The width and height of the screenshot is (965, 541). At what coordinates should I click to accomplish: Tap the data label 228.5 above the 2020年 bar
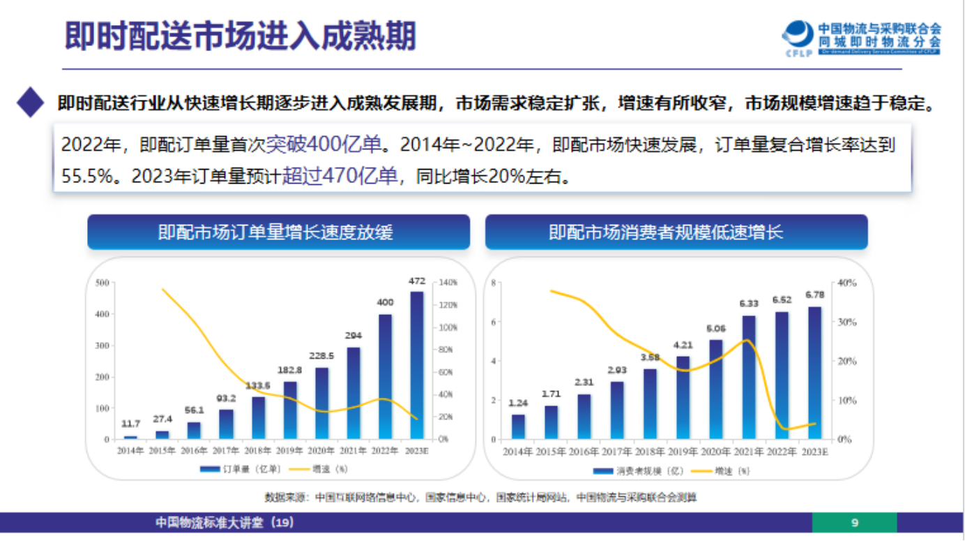click(x=321, y=355)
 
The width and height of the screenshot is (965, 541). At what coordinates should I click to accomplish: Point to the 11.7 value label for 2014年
click(x=130, y=424)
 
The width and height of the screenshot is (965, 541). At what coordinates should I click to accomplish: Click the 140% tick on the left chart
click(x=447, y=283)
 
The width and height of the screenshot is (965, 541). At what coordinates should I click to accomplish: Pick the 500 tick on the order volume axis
click(x=102, y=283)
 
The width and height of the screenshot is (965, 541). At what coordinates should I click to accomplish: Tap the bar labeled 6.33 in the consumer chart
click(x=750, y=377)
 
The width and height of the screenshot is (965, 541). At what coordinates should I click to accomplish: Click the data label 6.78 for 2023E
click(x=814, y=294)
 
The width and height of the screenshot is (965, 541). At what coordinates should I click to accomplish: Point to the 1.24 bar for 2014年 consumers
click(x=518, y=427)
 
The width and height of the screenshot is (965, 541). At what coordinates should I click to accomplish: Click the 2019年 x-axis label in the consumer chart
click(x=683, y=452)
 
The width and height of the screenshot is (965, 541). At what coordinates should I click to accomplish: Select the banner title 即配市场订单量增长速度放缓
click(x=278, y=232)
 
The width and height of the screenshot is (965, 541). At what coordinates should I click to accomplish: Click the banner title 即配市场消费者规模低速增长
click(x=676, y=232)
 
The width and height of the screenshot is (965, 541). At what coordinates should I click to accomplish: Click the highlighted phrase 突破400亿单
click(x=324, y=144)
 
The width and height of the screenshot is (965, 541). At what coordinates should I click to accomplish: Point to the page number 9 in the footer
click(x=855, y=522)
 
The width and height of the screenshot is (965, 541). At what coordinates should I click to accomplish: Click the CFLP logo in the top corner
click(x=799, y=38)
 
